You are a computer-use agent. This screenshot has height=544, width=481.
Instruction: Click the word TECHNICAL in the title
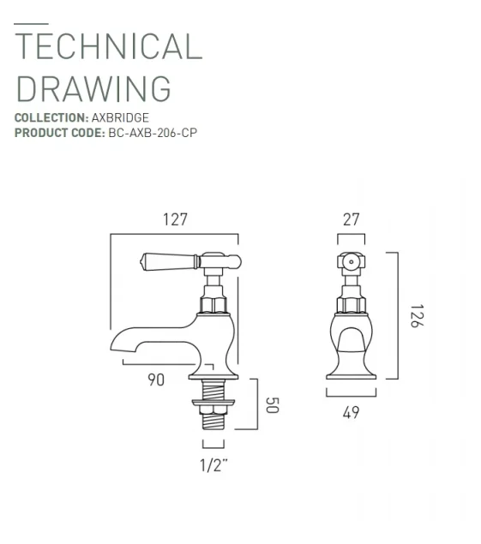[x=109, y=46]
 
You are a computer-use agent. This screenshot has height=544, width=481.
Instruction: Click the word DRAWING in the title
[x=93, y=88]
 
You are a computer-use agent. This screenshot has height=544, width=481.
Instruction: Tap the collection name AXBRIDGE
[x=120, y=117]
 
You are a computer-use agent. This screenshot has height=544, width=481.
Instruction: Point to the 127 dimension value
[x=174, y=220]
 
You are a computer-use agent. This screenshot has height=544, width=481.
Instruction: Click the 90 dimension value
[x=155, y=381]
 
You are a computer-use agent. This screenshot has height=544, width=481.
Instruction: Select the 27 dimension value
[x=351, y=219]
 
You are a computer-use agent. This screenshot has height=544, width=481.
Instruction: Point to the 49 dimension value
[x=351, y=412]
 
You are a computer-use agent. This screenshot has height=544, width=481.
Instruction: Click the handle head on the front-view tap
[x=350, y=262]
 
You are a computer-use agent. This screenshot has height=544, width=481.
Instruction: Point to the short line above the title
[x=31, y=23]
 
